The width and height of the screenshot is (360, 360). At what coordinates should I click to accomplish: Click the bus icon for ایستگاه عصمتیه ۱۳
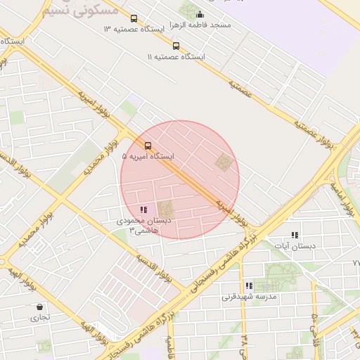pyautogui.click(x=134, y=19)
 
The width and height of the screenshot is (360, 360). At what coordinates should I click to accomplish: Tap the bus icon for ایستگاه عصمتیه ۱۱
pyautogui.click(x=176, y=46)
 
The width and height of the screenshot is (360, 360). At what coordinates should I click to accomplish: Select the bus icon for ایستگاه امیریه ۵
pyautogui.click(x=147, y=146)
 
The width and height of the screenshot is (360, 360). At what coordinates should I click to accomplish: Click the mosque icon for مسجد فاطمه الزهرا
pyautogui.click(x=200, y=14)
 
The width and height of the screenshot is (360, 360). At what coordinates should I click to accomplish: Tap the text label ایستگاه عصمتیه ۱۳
pyautogui.click(x=138, y=30)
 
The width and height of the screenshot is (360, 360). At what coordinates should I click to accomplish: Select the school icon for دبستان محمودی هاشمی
pyautogui.click(x=143, y=210)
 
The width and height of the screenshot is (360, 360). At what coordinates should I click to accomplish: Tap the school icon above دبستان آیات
pyautogui.click(x=295, y=235)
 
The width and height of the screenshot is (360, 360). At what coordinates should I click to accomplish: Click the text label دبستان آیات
pyautogui.click(x=295, y=246)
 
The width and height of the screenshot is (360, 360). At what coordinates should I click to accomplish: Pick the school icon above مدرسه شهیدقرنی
pyautogui.click(x=249, y=285)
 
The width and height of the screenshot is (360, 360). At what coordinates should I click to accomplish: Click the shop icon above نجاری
pyautogui.click(x=39, y=307)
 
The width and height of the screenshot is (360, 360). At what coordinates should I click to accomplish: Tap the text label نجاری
pyautogui.click(x=39, y=318)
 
